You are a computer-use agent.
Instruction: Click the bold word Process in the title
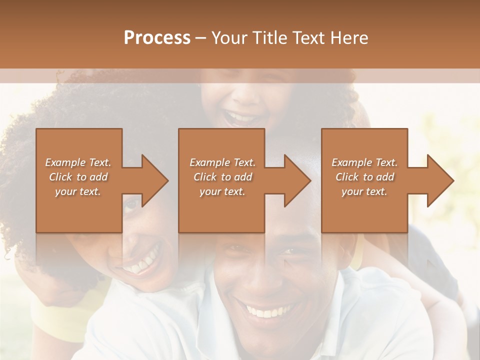point(157,38)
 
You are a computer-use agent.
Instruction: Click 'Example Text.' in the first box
point(78,162)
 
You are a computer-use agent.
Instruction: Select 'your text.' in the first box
point(78,191)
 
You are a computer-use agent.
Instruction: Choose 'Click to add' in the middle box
point(222,177)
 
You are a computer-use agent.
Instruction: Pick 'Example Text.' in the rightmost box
point(364,162)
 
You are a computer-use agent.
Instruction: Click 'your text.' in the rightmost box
point(364,191)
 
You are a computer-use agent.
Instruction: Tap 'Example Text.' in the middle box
point(222,162)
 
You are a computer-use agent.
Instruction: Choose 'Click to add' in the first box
point(78,177)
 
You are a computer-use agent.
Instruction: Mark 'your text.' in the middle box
point(222,191)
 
